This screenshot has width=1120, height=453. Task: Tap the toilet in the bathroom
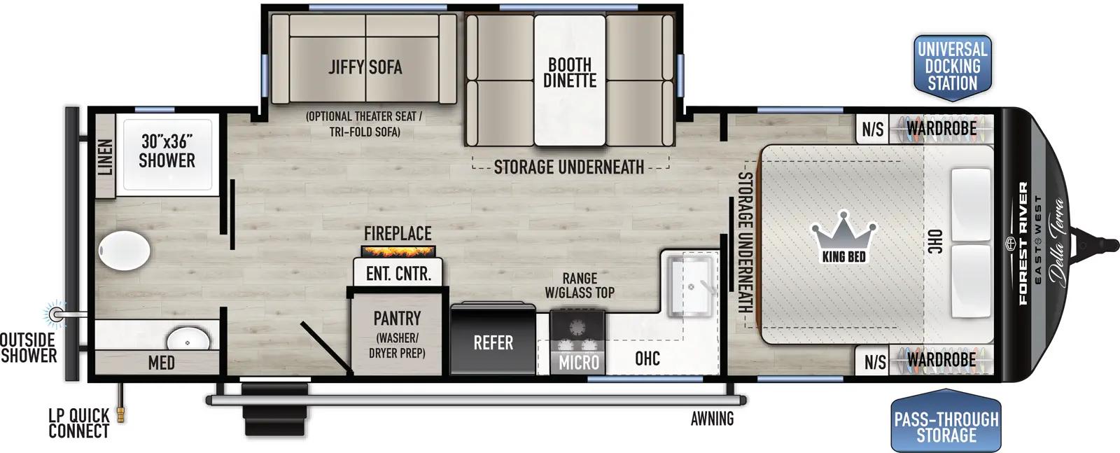coord(124,250)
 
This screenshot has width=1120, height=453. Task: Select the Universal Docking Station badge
coord(952,67)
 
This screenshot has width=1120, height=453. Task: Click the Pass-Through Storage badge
coord(946,426)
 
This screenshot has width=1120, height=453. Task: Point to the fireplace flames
coord(398,251)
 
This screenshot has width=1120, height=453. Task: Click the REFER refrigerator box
coord(493,342)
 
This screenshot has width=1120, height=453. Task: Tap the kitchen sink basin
coord(689,287)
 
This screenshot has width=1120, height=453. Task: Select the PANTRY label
coord(397,319)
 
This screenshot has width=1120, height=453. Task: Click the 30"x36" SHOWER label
coord(167,151)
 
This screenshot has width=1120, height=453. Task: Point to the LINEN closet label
coord(105,157)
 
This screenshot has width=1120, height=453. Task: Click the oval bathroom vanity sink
coord(188,342)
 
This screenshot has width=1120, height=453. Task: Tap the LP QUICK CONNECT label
coord(78,423)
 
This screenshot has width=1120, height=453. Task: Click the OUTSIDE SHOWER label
coord(28,347)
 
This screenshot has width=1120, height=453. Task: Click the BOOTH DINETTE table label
coord(570,73)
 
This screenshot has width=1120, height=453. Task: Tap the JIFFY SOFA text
coord(365,67)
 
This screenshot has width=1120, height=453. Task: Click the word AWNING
coord(712,419)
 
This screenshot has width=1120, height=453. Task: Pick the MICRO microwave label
coord(578,362)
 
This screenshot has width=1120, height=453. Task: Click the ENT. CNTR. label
coord(398,273)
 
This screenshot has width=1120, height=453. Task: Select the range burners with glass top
coord(577,329)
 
